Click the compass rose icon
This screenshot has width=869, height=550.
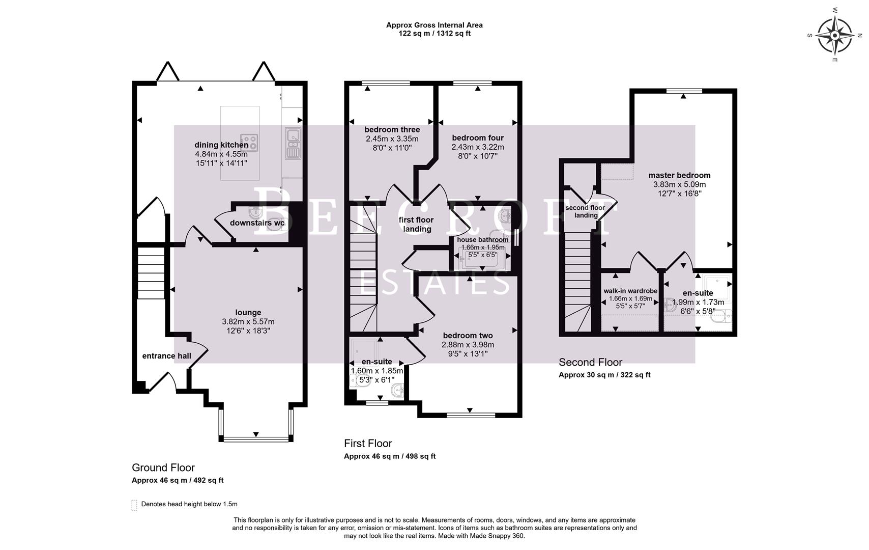[835, 36]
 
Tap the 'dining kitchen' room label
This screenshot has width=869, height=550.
[221, 145]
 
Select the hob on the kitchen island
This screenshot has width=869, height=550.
[249, 140]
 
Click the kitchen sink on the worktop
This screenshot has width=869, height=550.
[293, 143]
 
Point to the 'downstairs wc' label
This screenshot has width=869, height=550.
[257, 223]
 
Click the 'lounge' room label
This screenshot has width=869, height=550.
[248, 312]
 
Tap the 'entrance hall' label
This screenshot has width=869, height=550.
[166, 355]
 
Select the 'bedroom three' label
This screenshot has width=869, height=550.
[392, 129]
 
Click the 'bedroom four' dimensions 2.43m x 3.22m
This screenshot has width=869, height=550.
[477, 147]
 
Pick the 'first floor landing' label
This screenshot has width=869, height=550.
[416, 224]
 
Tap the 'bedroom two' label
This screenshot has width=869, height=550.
[468, 336]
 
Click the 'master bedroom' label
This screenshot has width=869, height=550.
[679, 175]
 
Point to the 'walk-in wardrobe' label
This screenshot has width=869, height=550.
[630, 291]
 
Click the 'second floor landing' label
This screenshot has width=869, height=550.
[585, 211]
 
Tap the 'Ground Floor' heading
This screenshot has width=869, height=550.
[163, 468]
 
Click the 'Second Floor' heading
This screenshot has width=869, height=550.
[590, 362]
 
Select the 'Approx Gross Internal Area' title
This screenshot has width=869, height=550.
[434, 25]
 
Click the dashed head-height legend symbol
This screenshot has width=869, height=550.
[134, 505]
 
